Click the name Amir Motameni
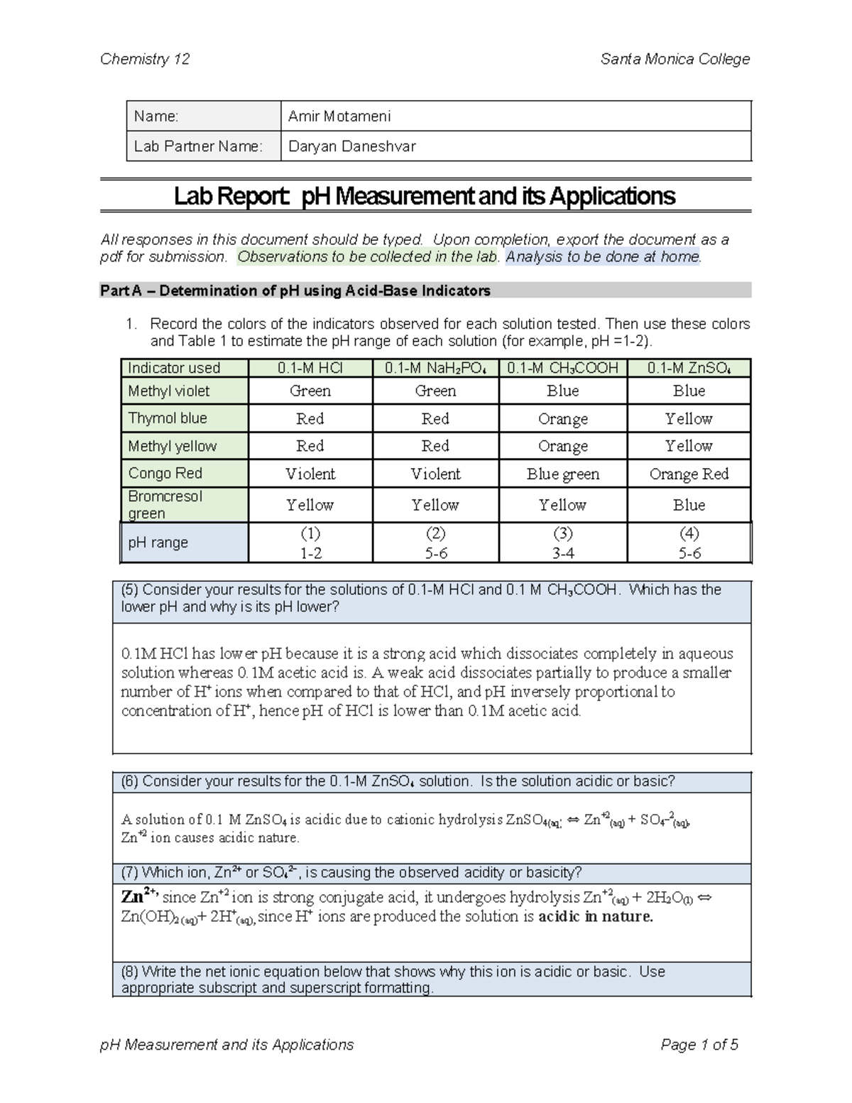point(339,116)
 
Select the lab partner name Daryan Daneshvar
point(351,146)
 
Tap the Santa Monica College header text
point(674,59)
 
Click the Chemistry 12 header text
point(145,59)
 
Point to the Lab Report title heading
point(425,196)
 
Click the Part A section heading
point(295,290)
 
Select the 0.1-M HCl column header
point(310,368)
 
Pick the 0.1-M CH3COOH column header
point(563,368)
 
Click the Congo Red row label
point(165,473)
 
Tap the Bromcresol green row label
point(165,504)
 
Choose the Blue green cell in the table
point(563,474)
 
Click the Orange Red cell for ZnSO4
point(689,474)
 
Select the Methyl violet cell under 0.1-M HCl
point(310,391)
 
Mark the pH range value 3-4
point(563,553)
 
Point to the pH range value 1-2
point(310,553)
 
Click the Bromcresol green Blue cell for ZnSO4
point(689,505)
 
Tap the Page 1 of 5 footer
point(699,1044)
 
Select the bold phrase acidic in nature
point(596,916)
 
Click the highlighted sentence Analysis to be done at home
point(603,256)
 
